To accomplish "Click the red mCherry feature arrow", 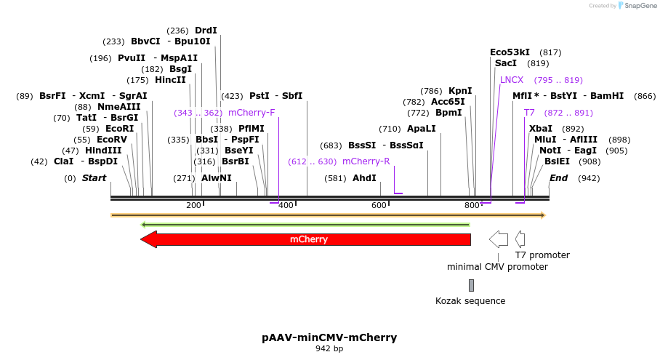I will [308, 239].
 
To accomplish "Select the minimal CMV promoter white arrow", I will [499, 239].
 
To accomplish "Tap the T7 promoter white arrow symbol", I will [520, 239].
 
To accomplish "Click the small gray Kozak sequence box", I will [471, 285].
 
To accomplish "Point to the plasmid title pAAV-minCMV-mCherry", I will [329, 337].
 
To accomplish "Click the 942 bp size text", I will [329, 349].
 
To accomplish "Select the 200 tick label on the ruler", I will [193, 205].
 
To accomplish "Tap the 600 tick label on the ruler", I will [379, 205].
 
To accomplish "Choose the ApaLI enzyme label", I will [422, 128].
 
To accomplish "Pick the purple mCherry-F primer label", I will [251, 113].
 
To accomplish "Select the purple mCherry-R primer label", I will [366, 161].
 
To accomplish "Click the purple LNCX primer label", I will [512, 80].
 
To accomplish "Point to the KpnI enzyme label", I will [460, 91].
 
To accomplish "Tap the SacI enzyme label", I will [506, 63].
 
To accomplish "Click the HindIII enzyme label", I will [103, 151].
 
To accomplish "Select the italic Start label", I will [94, 177].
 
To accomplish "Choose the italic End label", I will [559, 177].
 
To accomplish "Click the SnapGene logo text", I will [640, 6].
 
